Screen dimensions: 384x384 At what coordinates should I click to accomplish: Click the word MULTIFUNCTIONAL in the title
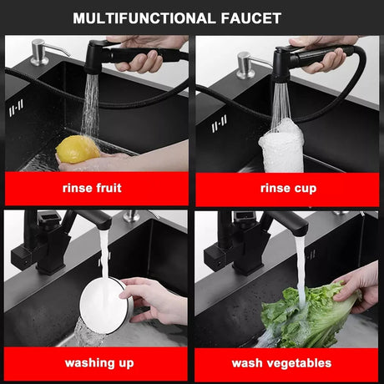[143, 18]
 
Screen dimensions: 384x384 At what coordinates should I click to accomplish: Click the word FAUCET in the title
[251, 18]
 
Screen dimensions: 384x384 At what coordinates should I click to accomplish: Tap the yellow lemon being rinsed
[78, 149]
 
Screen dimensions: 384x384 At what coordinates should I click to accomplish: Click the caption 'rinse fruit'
[92, 188]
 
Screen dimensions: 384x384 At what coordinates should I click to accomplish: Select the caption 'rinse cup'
[289, 189]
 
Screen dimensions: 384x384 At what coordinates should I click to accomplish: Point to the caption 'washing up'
[99, 363]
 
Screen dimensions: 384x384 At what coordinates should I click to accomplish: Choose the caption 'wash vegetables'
[281, 363]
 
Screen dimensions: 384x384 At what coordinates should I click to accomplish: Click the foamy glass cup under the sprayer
[281, 149]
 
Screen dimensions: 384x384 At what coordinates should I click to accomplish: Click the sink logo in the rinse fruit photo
[16, 108]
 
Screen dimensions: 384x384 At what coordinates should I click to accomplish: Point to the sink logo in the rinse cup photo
[220, 124]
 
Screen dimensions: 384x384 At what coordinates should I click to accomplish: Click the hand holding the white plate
[153, 301]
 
